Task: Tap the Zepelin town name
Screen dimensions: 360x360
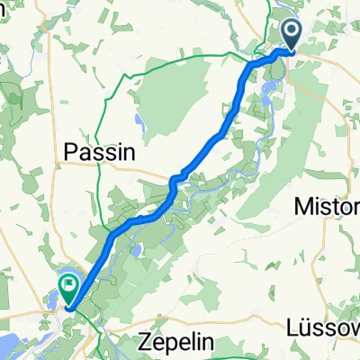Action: (178, 343)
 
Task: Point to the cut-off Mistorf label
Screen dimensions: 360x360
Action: (328, 207)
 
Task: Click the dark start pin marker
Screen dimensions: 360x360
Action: (294, 36)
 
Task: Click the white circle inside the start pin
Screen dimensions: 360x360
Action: (294, 31)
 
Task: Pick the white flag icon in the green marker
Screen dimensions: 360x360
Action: (68, 284)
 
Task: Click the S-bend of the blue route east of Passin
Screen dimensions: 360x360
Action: (172, 184)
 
